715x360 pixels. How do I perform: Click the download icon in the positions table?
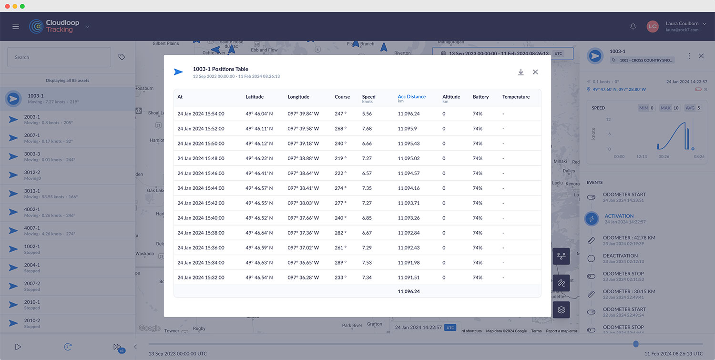521,72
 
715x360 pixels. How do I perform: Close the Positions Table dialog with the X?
535,72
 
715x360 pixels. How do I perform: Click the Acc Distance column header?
411,97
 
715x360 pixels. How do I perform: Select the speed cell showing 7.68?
367,129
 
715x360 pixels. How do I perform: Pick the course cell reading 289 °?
340,263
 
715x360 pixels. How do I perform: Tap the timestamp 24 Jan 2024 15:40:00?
201,218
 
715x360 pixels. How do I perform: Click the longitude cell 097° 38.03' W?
303,203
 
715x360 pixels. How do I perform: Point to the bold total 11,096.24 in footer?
409,291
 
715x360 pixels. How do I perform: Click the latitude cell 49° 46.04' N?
259,114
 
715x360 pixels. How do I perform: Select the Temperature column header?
516,97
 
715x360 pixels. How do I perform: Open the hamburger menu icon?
16,27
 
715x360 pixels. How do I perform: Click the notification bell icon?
633,27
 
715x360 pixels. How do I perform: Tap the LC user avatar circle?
652,27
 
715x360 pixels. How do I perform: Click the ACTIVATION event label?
619,216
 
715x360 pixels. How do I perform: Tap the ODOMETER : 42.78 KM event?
629,237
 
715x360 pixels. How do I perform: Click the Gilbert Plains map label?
165,43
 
